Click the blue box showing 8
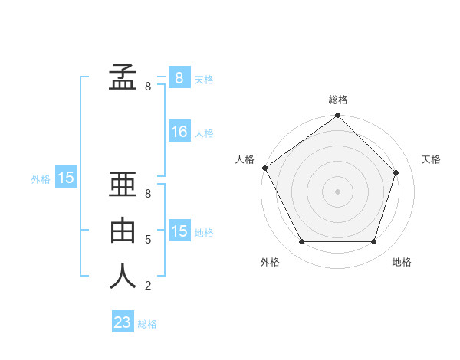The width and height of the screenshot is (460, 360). (179, 77)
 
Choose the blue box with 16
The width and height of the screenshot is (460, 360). (179, 132)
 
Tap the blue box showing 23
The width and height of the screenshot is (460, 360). (123, 322)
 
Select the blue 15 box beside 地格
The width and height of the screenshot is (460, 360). (179, 231)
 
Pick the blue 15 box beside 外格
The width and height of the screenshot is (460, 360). (66, 178)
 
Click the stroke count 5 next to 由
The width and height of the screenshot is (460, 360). (147, 240)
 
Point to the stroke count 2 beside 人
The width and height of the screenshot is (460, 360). (147, 286)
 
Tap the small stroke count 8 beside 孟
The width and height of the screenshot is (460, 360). (147, 87)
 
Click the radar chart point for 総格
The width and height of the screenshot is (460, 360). (337, 116)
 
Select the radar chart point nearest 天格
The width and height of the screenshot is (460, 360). (396, 172)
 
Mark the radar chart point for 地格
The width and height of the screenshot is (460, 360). (373, 241)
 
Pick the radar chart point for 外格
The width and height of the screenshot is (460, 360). (301, 241)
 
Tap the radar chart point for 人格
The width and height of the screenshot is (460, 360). (265, 168)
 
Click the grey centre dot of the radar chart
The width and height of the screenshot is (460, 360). (337, 191)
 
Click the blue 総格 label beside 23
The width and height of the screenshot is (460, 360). (147, 323)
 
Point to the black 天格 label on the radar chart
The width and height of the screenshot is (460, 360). (431, 159)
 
